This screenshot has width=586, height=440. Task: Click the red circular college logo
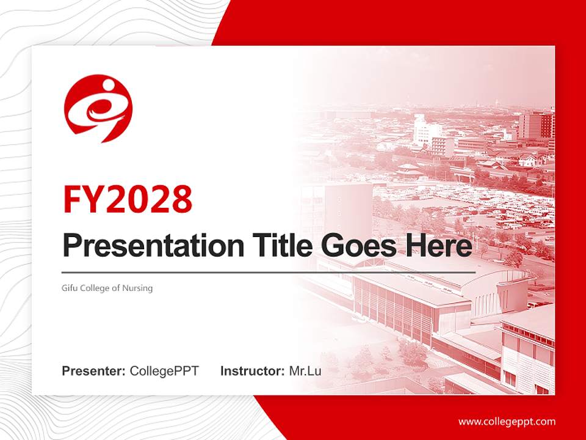click(x=98, y=108)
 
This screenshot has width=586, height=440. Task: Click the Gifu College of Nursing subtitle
click(x=107, y=288)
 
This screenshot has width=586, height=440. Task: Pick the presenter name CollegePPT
click(x=164, y=371)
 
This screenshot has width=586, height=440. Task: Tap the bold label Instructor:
click(x=252, y=371)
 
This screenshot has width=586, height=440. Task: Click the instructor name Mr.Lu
click(x=305, y=371)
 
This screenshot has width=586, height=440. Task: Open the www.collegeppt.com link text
click(x=507, y=421)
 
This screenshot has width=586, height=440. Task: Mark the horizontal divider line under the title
click(x=269, y=272)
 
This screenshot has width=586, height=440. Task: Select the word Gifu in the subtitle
click(x=70, y=288)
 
